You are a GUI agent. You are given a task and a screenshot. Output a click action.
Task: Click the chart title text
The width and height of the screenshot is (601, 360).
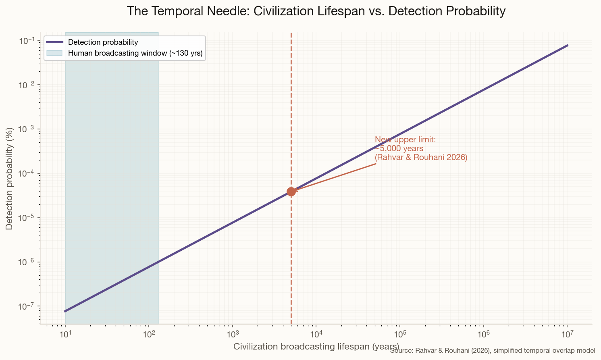tap(316, 11)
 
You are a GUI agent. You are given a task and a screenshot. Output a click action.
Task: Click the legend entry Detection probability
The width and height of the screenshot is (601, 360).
tap(103, 42)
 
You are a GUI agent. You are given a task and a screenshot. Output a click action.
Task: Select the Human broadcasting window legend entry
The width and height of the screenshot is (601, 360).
tap(135, 53)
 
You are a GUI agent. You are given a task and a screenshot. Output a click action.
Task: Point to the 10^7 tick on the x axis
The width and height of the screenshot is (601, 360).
tap(567, 334)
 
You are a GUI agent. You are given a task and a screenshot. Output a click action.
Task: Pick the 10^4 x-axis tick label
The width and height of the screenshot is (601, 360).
tap(316, 334)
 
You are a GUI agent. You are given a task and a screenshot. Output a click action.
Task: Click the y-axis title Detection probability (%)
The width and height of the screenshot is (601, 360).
tap(9, 178)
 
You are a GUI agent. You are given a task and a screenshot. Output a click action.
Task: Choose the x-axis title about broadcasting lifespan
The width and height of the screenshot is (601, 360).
tap(316, 346)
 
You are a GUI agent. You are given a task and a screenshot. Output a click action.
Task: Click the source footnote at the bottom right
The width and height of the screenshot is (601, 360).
tap(493, 351)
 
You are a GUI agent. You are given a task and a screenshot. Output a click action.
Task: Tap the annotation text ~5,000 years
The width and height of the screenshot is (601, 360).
tap(399, 149)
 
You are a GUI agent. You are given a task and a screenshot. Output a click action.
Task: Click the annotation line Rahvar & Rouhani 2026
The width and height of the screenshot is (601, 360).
tap(421, 158)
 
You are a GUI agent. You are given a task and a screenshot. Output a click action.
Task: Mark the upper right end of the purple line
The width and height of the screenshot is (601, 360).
tap(567, 46)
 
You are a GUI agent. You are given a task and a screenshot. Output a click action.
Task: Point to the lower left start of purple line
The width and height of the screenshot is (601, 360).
tap(65, 311)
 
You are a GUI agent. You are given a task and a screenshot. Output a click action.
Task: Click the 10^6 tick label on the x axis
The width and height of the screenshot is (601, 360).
tap(483, 334)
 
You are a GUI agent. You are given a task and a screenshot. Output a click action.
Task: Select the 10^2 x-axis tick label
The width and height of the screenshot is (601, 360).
tap(149, 334)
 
